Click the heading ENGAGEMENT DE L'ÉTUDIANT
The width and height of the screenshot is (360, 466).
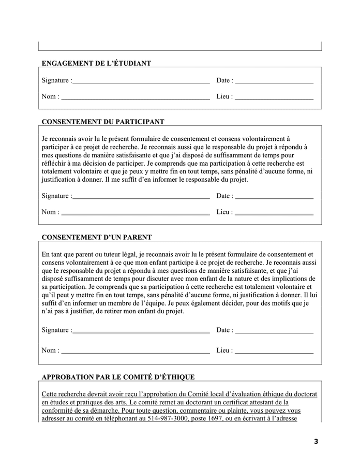96,63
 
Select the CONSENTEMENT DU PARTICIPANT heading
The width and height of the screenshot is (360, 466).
102,122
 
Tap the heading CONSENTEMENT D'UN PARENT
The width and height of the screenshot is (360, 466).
96,237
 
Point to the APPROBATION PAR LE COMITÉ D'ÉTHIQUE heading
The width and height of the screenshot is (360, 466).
118,376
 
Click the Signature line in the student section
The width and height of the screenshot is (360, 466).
141,81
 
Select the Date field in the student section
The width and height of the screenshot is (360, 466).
274,81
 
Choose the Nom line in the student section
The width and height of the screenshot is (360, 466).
136,97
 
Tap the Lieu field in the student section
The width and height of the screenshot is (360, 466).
274,97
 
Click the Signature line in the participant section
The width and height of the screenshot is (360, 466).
141,197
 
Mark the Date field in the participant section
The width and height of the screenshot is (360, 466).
274,197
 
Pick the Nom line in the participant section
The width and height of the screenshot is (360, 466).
136,212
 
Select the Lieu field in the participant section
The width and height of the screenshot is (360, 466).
274,212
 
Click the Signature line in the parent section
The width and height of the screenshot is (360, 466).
141,331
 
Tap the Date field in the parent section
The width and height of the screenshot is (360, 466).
274,331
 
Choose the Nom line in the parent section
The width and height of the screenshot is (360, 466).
136,351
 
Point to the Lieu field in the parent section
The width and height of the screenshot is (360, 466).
274,351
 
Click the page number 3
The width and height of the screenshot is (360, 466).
316,441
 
